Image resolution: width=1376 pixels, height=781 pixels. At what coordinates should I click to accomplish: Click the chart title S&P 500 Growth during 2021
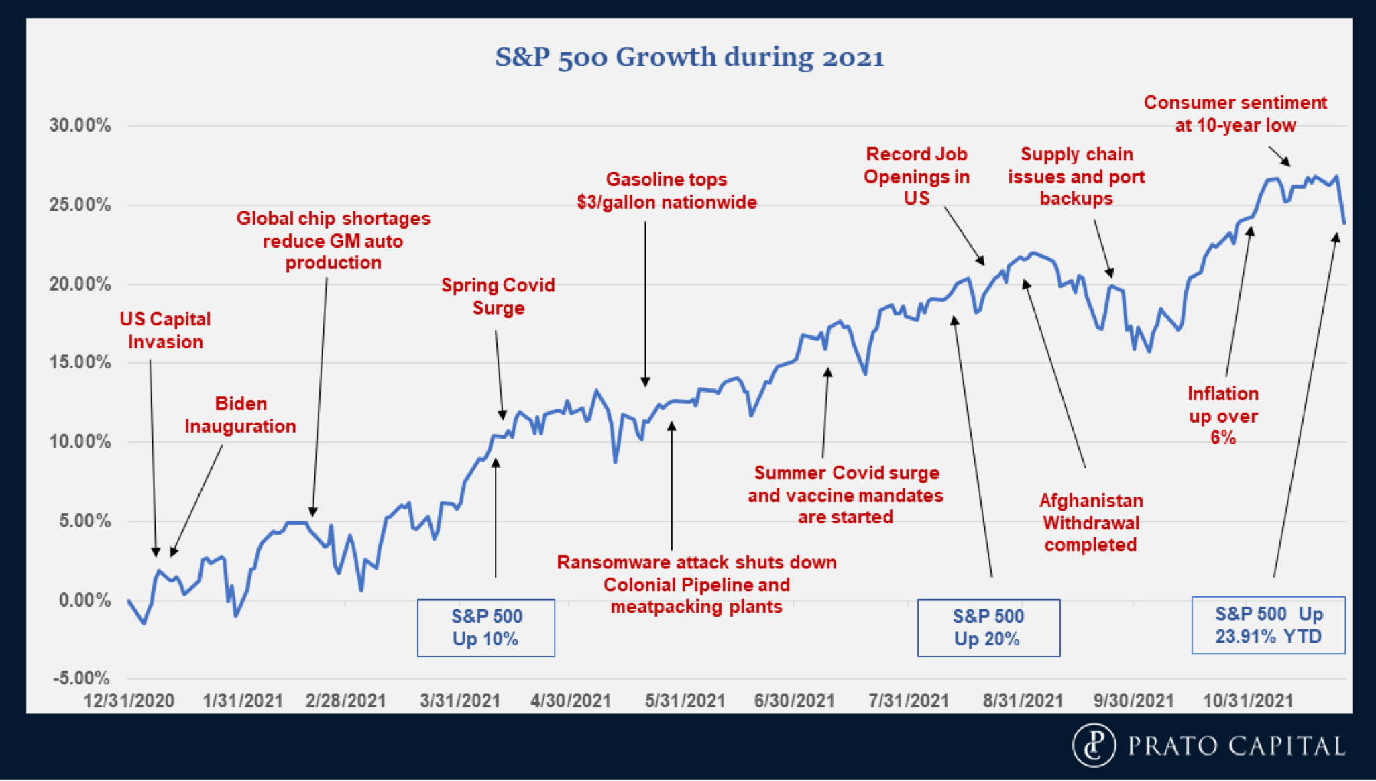[689, 57]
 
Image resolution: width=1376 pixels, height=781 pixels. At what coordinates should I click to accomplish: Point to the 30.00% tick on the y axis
[80, 125]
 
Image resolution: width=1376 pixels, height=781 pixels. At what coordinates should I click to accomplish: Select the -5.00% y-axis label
[82, 678]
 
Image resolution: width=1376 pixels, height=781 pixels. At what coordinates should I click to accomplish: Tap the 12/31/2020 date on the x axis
[129, 701]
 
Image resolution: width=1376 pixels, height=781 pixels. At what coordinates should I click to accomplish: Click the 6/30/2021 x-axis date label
[795, 701]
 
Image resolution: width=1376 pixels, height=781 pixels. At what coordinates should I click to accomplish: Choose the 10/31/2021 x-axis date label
[1248, 701]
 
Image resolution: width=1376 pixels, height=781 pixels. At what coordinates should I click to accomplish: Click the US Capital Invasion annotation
[165, 330]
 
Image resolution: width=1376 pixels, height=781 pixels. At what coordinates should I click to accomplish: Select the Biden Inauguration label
[240, 415]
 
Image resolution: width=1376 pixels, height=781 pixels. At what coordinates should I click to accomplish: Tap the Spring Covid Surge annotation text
[498, 296]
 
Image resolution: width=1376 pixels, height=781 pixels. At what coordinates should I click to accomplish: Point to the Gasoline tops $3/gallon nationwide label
[667, 191]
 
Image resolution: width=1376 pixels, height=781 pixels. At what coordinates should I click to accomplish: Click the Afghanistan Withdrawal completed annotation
[1091, 522]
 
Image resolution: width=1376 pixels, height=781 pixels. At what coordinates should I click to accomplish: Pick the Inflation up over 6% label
[1223, 415]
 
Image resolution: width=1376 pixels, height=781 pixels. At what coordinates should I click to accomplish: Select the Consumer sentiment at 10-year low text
[1235, 113]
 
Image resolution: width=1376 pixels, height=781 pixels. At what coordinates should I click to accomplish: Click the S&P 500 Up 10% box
[486, 627]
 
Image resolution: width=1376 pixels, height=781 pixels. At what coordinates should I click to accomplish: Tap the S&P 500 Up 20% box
[988, 627]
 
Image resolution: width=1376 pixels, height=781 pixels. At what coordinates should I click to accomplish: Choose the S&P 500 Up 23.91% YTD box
[1268, 625]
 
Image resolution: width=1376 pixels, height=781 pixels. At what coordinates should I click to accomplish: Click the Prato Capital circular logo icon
[1094, 745]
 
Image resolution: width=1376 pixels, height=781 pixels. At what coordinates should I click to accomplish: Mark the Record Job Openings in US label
[916, 176]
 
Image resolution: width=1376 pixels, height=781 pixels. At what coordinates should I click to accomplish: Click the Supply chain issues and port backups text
[1076, 176]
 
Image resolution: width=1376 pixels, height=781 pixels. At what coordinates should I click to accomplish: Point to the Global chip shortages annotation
[333, 240]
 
